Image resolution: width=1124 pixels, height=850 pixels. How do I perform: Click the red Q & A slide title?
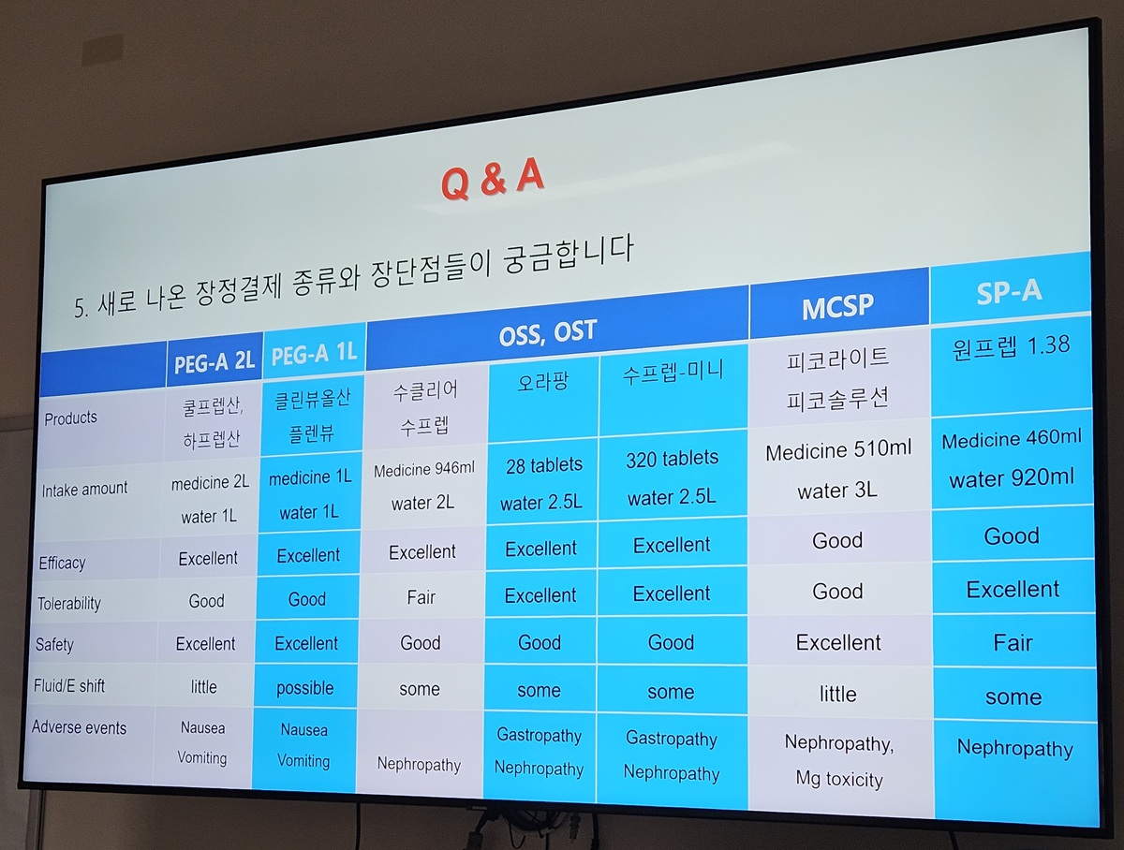point(492,179)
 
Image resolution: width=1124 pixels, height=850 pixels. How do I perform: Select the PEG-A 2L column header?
point(214,361)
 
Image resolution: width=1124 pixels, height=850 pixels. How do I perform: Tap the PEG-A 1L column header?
point(314,354)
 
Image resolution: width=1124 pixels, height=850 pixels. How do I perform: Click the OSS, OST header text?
point(548,332)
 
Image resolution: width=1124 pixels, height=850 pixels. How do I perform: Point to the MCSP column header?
point(837,306)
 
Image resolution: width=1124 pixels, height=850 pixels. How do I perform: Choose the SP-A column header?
point(1010,292)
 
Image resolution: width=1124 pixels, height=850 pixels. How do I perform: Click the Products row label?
point(70,418)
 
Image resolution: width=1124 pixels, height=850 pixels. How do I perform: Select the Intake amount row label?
point(84,490)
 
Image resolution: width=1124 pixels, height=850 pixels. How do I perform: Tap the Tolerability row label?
point(69,604)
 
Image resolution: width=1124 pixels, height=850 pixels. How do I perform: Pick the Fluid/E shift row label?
point(69,685)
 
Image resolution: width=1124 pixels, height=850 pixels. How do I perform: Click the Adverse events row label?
point(79,727)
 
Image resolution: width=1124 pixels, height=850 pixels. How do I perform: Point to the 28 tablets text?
point(544,465)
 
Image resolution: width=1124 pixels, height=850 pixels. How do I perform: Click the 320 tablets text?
point(672,459)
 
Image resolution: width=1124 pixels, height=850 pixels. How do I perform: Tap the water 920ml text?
point(1012,478)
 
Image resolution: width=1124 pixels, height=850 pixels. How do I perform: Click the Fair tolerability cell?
point(421,597)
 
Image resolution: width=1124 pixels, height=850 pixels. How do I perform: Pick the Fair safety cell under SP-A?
point(1013,643)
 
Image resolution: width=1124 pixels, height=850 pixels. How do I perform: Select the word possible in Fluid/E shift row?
point(304,688)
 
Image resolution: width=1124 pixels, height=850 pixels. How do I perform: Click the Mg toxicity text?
point(839,779)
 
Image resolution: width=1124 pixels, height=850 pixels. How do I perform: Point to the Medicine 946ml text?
point(424,469)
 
